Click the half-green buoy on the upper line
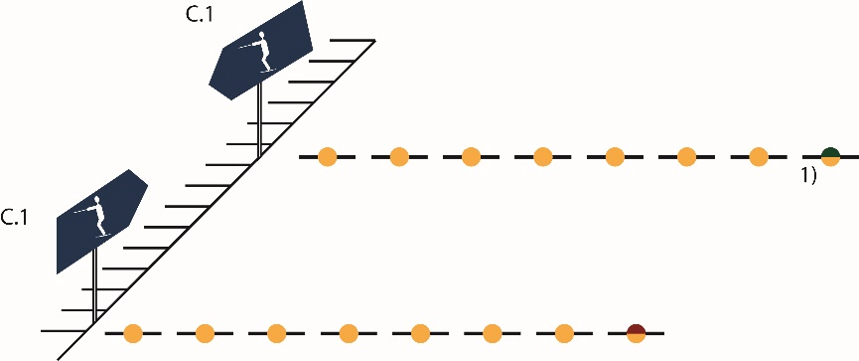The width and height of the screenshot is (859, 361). (830, 157)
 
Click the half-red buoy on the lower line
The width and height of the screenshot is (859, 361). (636, 333)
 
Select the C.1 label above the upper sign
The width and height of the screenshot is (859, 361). (200, 14)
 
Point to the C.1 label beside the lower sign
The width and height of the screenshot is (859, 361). (14, 218)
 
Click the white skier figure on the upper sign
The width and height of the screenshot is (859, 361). (259, 52)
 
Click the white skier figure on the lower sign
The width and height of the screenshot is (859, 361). (94, 216)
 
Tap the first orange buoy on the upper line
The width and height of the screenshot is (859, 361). (327, 157)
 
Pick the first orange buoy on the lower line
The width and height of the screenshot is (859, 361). (133, 333)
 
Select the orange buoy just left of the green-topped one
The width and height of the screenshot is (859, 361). (758, 157)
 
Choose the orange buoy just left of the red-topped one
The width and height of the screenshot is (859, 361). (564, 333)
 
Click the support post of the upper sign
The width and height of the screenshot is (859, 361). (259, 120)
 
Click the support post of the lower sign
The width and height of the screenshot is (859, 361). (94, 284)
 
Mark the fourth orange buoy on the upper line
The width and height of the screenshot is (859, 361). (542, 157)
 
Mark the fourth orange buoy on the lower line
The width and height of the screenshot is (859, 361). (349, 333)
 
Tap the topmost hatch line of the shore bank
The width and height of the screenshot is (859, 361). (353, 40)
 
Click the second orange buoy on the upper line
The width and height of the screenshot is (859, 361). (399, 157)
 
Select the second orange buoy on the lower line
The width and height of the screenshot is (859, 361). (205, 333)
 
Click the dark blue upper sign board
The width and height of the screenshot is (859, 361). (261, 51)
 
